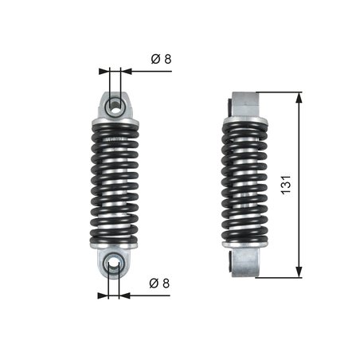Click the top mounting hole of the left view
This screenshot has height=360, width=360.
coord(115,102)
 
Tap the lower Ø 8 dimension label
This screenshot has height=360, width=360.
coord(158,284)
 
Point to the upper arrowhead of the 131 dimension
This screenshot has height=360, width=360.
coord(299,97)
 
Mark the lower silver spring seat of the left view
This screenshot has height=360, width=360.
coord(115,248)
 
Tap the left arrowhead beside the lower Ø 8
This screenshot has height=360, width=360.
coord(104,295)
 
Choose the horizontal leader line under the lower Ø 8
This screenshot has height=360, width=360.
coord(151,295)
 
